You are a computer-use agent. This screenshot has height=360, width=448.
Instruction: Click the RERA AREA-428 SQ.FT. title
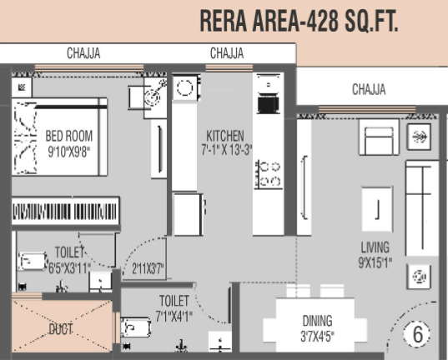pyautogui.click(x=299, y=22)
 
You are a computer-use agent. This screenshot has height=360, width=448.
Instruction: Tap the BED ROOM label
pyautogui.click(x=69, y=136)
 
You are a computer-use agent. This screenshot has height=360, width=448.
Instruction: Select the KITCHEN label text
pyautogui.click(x=225, y=136)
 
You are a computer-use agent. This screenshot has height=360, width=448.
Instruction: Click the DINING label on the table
pyautogui.click(x=317, y=320)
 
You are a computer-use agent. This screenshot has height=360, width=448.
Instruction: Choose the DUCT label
pyautogui.click(x=60, y=330)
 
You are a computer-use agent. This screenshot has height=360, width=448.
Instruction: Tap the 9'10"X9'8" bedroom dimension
pyautogui.click(x=68, y=152)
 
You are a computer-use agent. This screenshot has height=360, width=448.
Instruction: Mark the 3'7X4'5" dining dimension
pyautogui.click(x=317, y=337)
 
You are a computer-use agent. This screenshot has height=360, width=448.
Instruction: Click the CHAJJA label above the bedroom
pyautogui.click(x=83, y=54)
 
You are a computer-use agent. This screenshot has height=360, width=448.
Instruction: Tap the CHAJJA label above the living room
pyautogui.click(x=369, y=89)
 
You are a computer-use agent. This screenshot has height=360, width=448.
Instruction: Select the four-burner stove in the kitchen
pyautogui.click(x=268, y=174)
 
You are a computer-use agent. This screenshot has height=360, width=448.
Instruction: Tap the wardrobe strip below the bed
pyautogui.click(x=65, y=209)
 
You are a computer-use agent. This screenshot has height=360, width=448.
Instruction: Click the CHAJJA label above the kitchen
pyautogui.click(x=227, y=54)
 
